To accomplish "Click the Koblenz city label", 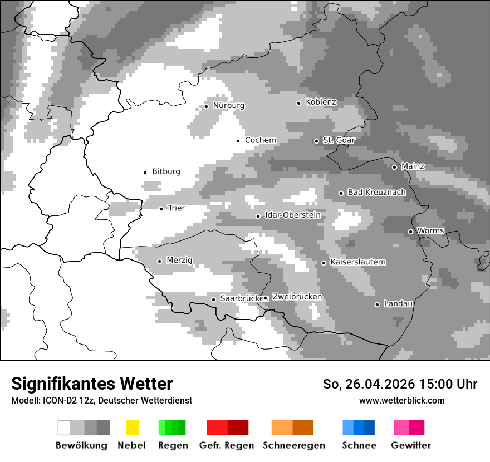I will (321, 102).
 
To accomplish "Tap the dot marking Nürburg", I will (207, 106).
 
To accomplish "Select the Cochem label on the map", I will (261, 140).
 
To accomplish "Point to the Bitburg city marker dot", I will (145, 173).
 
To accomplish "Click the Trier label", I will (176, 208).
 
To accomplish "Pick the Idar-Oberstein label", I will (293, 215).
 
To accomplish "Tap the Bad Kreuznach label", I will (376, 192).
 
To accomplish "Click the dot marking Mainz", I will (395, 167).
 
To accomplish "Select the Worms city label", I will (430, 230).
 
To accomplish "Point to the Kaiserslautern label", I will (358, 262).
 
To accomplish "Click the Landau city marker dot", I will (378, 304).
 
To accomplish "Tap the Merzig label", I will (179, 261).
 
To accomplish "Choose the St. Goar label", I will (339, 140).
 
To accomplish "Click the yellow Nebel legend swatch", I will (132, 427).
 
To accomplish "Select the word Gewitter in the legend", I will (411, 445).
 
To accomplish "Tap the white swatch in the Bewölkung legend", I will (65, 427).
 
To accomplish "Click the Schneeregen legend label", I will (294, 445).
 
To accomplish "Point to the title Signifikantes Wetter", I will (92, 384).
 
